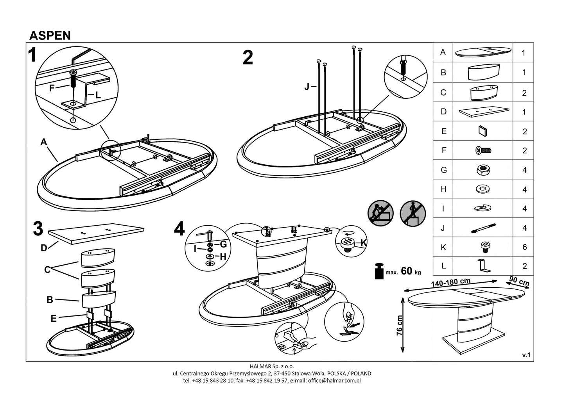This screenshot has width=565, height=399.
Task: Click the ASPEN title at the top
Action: tap(50, 36)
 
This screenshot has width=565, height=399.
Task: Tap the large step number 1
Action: tap(33, 55)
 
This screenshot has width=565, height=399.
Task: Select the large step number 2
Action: tap(248, 58)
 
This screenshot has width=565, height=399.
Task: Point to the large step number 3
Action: tap(38, 229)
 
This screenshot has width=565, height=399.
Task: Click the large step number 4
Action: tap(179, 229)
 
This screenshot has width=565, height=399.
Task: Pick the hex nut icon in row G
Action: tap(483, 170)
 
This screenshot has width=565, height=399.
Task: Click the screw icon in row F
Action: tap(483, 150)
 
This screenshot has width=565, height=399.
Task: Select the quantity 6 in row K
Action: tap(524, 247)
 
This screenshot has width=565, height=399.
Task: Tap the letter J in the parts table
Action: tap(443, 228)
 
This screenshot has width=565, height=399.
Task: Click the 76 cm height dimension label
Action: tap(399, 325)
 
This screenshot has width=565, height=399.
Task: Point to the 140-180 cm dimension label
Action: tap(451, 282)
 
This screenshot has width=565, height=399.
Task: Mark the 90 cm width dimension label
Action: tap(519, 280)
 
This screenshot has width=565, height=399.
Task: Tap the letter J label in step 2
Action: tap(307, 87)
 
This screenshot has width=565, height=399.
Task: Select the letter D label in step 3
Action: tap(44, 248)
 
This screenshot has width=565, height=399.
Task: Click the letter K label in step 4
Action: tap(363, 243)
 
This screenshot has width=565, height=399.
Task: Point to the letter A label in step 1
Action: tap(43, 143)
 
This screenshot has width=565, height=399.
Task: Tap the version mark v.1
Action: tap(526, 355)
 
